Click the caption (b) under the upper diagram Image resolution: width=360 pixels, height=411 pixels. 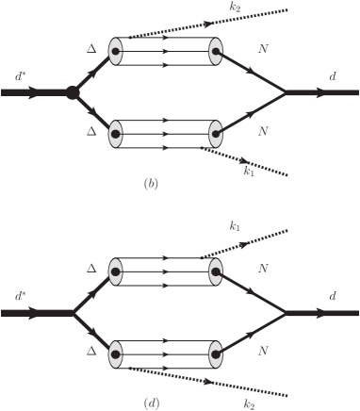pyautogui.click(x=151, y=183)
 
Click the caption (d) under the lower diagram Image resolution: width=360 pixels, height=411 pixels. pyautogui.click(x=151, y=403)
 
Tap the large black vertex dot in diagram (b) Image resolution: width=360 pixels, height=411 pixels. pyautogui.click(x=71, y=92)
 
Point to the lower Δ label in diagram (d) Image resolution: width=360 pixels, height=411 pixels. pyautogui.click(x=91, y=350)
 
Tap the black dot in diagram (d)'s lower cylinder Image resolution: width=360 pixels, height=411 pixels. pyautogui.click(x=116, y=356)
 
